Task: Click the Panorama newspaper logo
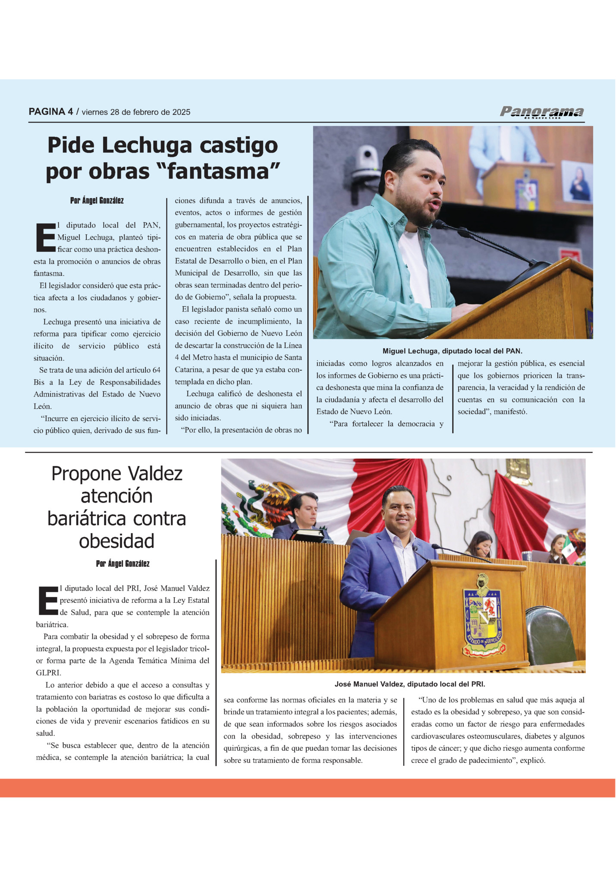[542, 112]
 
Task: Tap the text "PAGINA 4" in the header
[50, 112]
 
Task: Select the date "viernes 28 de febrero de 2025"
[136, 112]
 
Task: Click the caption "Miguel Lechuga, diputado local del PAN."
[453, 351]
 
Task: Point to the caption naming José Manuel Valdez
[410, 684]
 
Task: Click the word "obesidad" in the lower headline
[116, 541]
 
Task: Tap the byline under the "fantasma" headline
[97, 201]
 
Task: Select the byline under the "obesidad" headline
[123, 564]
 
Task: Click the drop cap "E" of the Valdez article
[47, 600]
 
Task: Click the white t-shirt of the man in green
[414, 268]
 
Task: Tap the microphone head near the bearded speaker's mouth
[440, 224]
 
